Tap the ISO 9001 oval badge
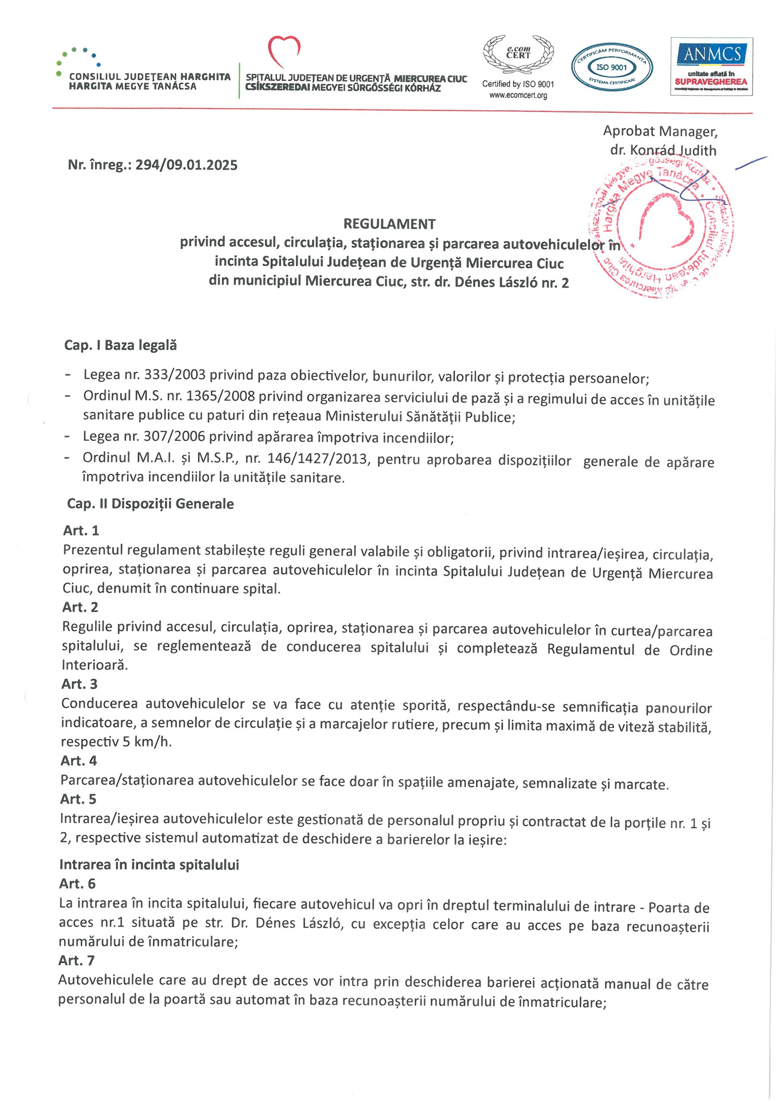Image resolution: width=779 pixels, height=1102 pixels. [x=612, y=68]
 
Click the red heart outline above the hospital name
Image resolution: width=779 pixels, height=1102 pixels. [x=284, y=51]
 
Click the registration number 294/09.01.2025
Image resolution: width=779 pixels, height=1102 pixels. [x=186, y=165]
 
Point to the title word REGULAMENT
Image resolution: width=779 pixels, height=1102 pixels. [x=389, y=224]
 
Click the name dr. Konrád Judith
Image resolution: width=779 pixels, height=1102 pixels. [x=663, y=150]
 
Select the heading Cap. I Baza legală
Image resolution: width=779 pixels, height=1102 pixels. [x=121, y=345]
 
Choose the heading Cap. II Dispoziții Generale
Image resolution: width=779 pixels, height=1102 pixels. [x=150, y=504]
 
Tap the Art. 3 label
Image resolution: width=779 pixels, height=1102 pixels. [x=79, y=684]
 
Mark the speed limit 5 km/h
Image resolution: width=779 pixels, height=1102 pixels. [x=147, y=742]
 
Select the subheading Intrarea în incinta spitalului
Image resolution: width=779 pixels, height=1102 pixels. [x=149, y=864]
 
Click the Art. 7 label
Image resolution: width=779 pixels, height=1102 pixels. [x=76, y=960]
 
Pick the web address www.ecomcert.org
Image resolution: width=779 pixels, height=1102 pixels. [x=518, y=96]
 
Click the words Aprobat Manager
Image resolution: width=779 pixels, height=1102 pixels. [x=660, y=131]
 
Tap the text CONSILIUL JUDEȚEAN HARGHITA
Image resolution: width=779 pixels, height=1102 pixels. [x=150, y=77]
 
